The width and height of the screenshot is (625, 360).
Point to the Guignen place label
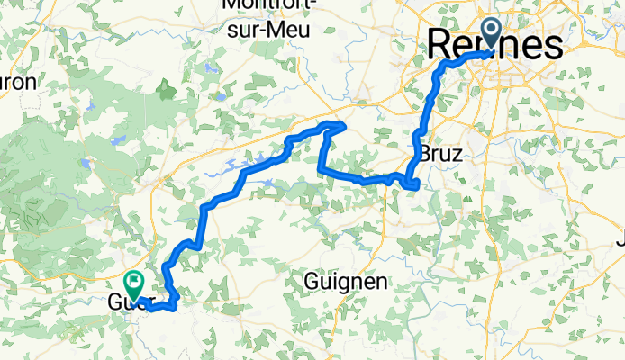[346, 282]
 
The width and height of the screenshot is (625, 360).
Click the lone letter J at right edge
[620, 240]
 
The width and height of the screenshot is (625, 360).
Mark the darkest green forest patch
[166, 88]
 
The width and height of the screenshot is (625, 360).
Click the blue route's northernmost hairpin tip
[340, 123]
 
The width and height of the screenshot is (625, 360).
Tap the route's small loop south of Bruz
[413, 184]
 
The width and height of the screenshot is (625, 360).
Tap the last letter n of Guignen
[383, 282]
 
